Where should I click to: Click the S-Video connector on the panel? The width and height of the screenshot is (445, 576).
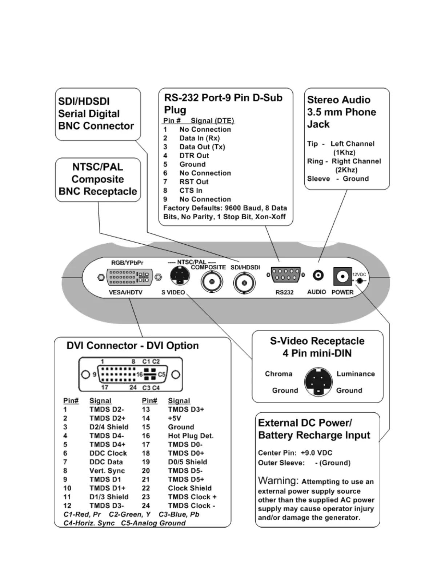(180, 276)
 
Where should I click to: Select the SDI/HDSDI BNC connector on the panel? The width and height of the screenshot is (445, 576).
(244, 283)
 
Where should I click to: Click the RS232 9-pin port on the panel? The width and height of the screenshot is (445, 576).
(285, 275)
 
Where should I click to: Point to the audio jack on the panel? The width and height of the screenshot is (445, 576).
(318, 275)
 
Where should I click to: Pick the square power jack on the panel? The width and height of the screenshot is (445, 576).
(342, 277)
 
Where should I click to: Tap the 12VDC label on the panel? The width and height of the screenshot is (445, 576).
(359, 275)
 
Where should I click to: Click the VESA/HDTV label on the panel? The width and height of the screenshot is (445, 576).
(126, 292)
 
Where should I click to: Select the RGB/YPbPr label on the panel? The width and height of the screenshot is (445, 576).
(127, 263)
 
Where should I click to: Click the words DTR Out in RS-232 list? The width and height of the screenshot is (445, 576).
(194, 156)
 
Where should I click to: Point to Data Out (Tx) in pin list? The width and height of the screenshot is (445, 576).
(202, 147)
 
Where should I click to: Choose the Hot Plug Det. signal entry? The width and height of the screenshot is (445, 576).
(191, 436)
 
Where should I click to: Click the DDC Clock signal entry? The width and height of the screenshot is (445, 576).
(108, 453)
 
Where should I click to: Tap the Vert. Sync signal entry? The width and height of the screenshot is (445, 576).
(107, 471)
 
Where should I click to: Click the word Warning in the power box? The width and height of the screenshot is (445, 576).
(278, 481)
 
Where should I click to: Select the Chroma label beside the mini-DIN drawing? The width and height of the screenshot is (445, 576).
(278, 374)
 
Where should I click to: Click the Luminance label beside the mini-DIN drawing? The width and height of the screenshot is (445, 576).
(355, 374)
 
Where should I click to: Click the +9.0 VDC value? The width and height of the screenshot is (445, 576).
(316, 453)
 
